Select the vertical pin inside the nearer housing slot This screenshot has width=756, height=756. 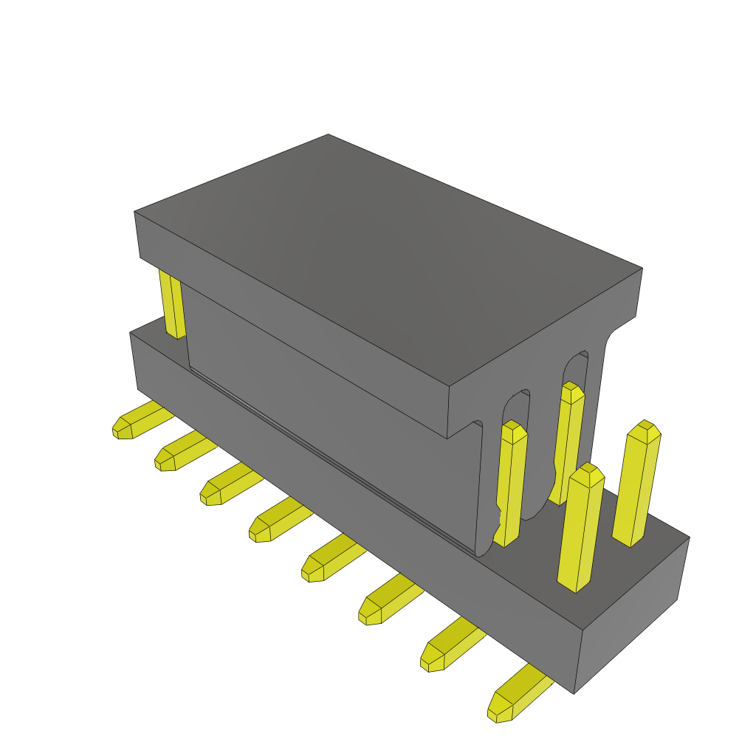pyautogui.click(x=511, y=480)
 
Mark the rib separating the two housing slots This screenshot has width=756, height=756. pyautogui.click(x=543, y=443)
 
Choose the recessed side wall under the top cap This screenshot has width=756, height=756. pyautogui.click(x=332, y=413)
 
